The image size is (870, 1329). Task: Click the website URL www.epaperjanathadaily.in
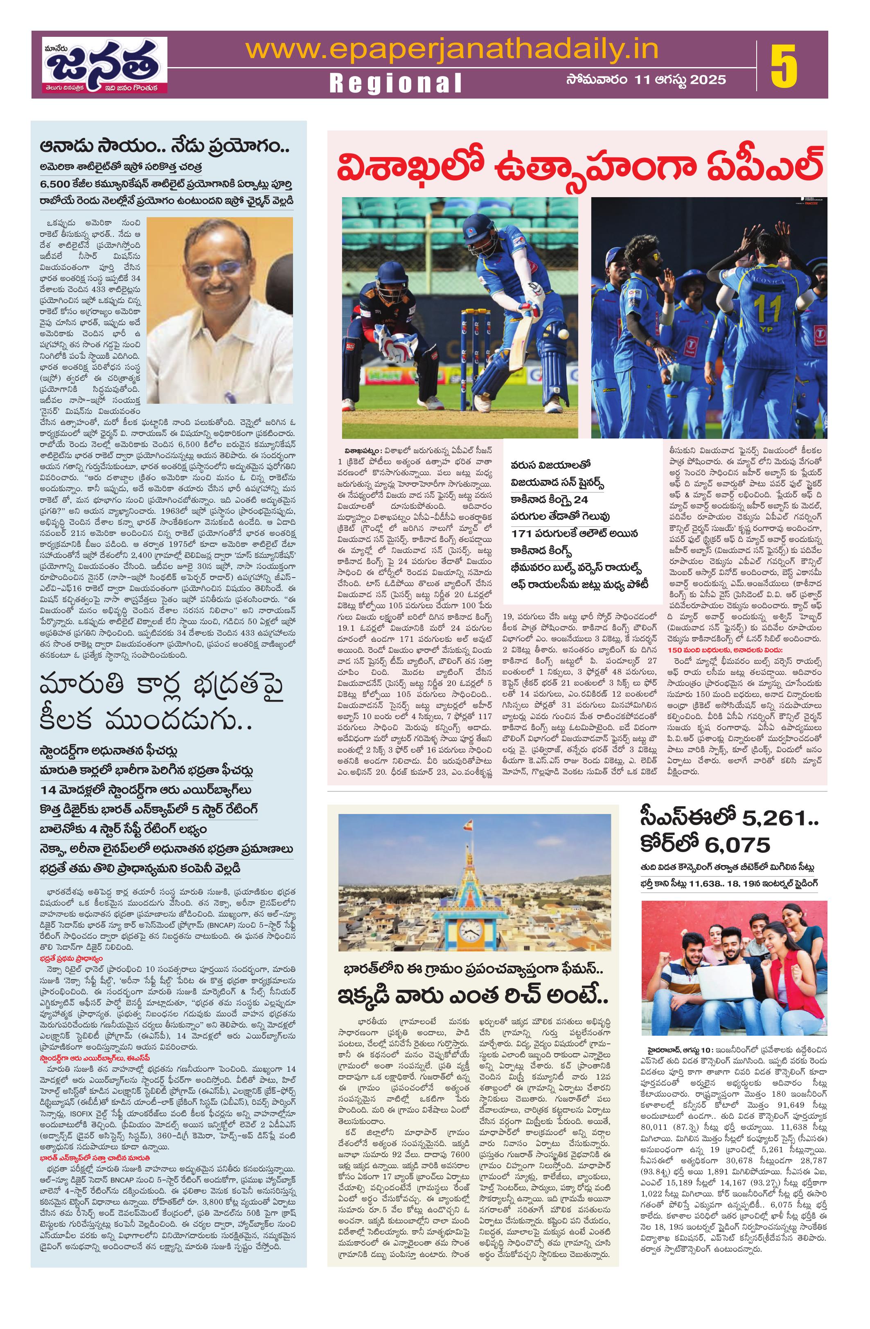click(x=452, y=49)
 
